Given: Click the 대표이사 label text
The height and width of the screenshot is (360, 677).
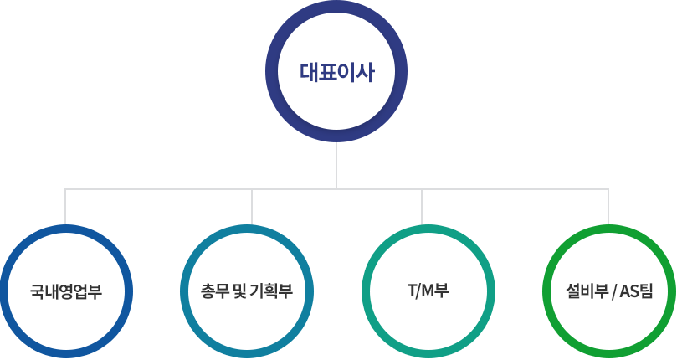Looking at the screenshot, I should point(336,72).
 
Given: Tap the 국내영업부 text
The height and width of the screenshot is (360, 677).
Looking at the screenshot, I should point(66,292).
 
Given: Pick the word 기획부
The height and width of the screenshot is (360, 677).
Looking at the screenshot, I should point(271,292).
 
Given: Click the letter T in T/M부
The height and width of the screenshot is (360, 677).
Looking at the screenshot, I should point(410,292).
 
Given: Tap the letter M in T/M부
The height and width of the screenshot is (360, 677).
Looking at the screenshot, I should point(426,292).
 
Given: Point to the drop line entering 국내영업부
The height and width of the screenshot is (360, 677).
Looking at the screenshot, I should point(65,206).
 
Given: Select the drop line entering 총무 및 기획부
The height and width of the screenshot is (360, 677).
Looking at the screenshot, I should point(251,206).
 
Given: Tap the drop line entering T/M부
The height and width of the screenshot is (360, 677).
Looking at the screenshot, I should point(421,206).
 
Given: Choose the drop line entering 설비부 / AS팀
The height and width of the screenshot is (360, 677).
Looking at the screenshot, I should point(608,206).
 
